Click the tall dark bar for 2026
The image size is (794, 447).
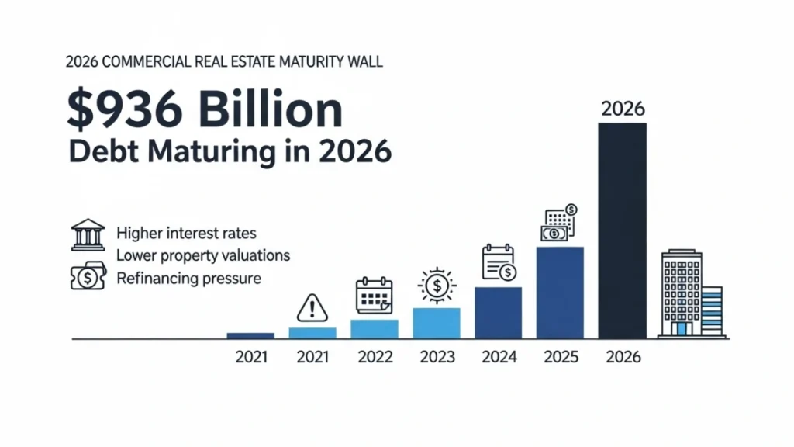(623, 230)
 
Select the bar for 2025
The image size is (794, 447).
(560, 293)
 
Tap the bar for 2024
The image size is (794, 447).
(498, 313)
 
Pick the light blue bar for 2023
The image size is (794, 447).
(436, 323)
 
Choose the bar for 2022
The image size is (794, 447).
(374, 329)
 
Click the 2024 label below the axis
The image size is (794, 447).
(499, 357)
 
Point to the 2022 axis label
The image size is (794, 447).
(375, 357)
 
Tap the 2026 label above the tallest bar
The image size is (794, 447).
(623, 108)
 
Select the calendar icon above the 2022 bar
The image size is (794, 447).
(375, 296)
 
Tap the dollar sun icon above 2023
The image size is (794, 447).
(437, 286)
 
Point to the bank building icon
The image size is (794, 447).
(88, 234)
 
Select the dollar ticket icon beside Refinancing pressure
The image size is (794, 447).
(88, 277)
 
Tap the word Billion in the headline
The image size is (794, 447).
(272, 109)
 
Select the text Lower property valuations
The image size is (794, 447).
(202, 255)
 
